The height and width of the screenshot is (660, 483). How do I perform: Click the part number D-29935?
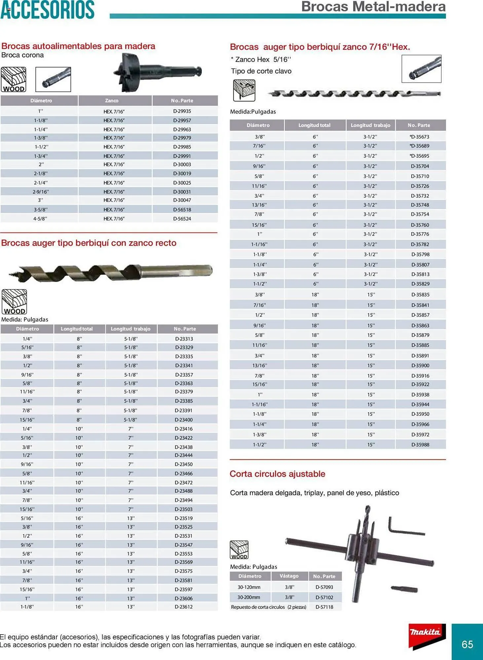tap(182, 111)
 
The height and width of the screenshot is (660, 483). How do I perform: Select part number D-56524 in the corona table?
tap(182, 218)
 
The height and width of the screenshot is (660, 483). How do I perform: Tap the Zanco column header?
tap(112, 100)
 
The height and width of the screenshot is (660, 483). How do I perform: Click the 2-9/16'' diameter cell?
tap(41, 192)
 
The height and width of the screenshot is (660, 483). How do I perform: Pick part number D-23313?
tap(184, 339)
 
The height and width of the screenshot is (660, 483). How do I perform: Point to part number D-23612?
tap(184, 607)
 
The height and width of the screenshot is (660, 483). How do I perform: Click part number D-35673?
tap(419, 137)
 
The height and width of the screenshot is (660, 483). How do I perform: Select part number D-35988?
tap(420, 445)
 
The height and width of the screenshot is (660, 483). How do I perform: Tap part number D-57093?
tap(324, 587)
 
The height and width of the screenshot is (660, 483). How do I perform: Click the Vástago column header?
tap(289, 576)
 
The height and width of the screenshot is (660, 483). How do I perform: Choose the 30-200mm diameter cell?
tap(249, 597)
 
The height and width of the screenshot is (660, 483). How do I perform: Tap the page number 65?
tap(467, 644)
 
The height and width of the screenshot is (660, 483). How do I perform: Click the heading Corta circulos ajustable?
tap(277, 474)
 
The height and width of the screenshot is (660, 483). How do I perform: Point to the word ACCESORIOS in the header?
tap(48, 10)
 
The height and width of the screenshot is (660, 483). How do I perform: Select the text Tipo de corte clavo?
tap(261, 71)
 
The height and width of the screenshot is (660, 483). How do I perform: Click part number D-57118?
tap(324, 607)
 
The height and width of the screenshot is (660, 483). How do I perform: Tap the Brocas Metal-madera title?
tap(373, 7)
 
